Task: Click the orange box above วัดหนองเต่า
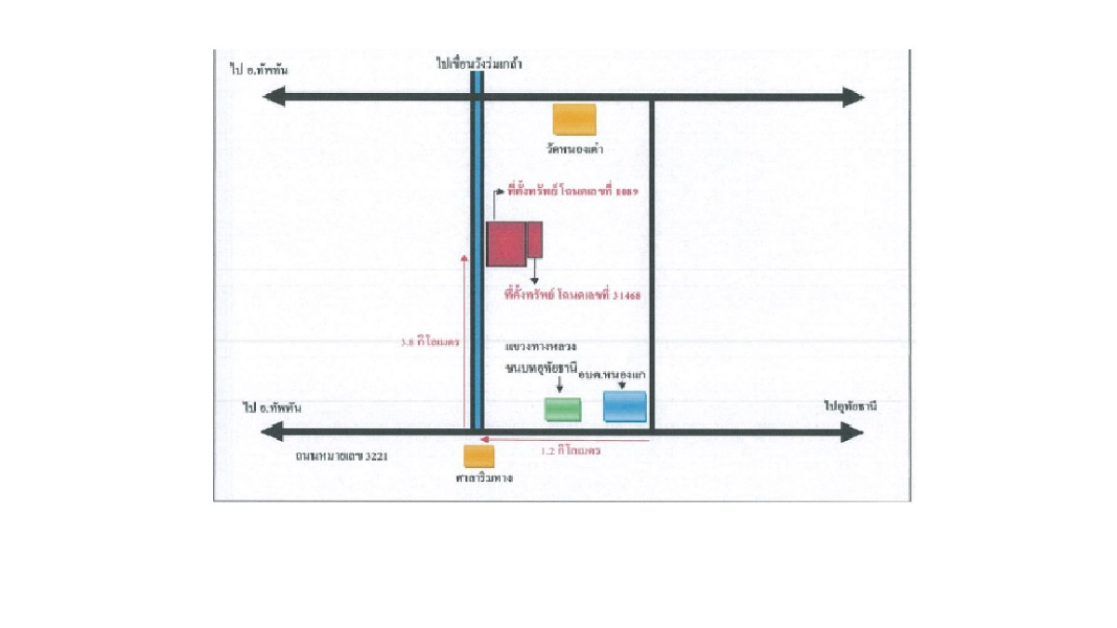coord(574,119)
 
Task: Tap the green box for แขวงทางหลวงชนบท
coord(562,409)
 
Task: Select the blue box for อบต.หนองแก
coord(625,407)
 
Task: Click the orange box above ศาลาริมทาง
coord(479,456)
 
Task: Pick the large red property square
coord(506,244)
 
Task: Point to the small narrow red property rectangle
coord(535,239)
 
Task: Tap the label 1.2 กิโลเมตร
coord(571,449)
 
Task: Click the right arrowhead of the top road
coord(855,97)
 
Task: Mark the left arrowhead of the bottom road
coord(272,432)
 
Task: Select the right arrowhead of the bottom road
coord(853,432)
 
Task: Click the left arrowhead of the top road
coord(274,97)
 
